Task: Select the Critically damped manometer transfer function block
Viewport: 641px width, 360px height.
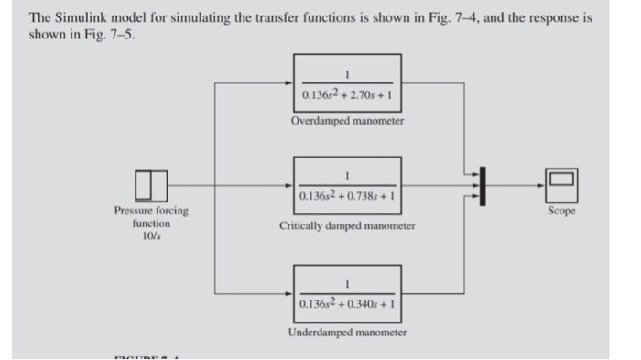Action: (x=348, y=186)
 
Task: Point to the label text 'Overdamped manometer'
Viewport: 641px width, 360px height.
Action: (x=348, y=121)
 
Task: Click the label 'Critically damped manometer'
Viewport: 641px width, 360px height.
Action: (x=348, y=225)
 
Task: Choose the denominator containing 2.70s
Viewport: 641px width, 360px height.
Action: (x=347, y=94)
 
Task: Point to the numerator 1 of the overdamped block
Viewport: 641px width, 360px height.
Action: (x=348, y=73)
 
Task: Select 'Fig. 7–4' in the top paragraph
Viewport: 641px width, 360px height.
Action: (x=454, y=18)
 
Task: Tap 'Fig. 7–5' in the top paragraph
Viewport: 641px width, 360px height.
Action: (x=101, y=35)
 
